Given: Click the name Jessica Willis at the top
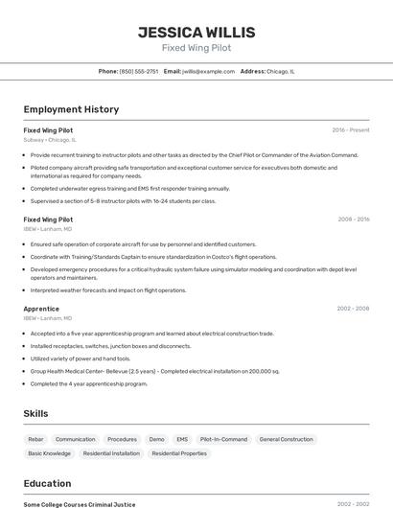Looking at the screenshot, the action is click(196, 32).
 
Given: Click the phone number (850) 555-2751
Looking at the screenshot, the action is click(139, 71).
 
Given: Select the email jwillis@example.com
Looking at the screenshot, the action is click(208, 71).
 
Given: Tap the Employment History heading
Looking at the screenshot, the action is click(71, 109).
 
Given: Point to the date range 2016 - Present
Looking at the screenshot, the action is click(351, 130).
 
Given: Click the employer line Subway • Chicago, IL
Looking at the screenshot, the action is click(50, 140).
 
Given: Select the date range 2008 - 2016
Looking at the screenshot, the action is click(353, 219).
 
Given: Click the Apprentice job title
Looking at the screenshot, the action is click(41, 309).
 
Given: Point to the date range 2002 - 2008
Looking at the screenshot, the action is click(353, 309).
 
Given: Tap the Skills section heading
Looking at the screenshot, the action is click(36, 413).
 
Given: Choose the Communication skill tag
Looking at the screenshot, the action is click(76, 439).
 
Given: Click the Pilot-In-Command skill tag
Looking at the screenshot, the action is click(223, 439).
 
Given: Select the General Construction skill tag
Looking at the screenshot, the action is click(286, 439).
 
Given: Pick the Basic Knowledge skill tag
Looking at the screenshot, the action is click(50, 453).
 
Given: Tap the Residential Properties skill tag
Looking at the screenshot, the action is click(179, 453).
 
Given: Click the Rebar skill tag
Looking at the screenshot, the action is click(35, 439).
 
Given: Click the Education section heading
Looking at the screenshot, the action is click(47, 483).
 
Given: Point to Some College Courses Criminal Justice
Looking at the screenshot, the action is click(80, 504).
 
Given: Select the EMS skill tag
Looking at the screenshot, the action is click(182, 439).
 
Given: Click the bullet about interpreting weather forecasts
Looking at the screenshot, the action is click(108, 290).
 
